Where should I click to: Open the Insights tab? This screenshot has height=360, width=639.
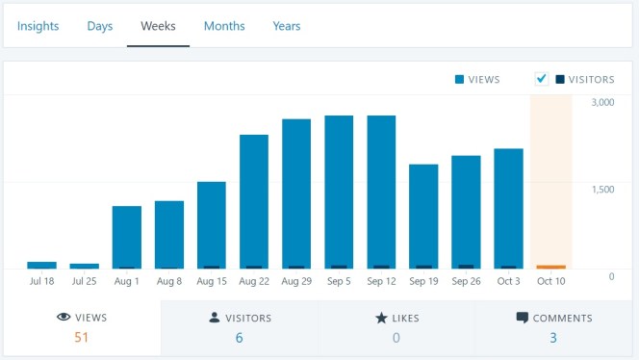pyautogui.click(x=38, y=26)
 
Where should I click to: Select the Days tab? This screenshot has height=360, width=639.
pyautogui.click(x=100, y=26)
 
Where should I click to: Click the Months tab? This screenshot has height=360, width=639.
pyautogui.click(x=224, y=26)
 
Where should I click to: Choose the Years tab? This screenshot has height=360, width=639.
pyautogui.click(x=287, y=26)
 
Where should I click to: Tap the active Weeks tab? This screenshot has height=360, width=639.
pyautogui.click(x=158, y=26)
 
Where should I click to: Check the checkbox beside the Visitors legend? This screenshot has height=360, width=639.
pyautogui.click(x=542, y=79)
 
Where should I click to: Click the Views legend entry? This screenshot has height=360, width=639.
pyautogui.click(x=476, y=79)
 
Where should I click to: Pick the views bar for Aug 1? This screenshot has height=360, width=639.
pyautogui.click(x=127, y=237)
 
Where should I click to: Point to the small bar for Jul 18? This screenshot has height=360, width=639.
pyautogui.click(x=41, y=265)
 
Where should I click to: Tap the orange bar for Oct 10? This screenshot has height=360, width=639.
pyautogui.click(x=551, y=267)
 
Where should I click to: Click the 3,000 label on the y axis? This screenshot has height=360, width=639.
pyautogui.click(x=603, y=102)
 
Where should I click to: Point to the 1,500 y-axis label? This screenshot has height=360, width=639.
pyautogui.click(x=603, y=189)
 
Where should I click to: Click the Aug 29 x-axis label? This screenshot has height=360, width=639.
pyautogui.click(x=296, y=282)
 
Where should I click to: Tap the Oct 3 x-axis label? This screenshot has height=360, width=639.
pyautogui.click(x=508, y=282)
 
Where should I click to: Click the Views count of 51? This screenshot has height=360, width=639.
pyautogui.click(x=81, y=338)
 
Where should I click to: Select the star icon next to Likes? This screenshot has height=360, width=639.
pyautogui.click(x=381, y=318)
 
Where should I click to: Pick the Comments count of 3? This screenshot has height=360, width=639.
pyautogui.click(x=553, y=338)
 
